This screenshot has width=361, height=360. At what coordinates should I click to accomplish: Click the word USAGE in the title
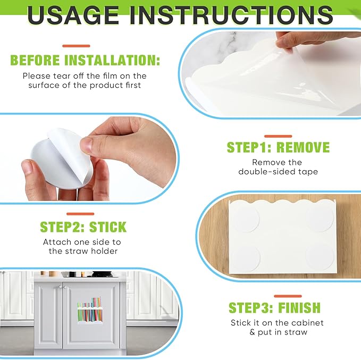(73, 15)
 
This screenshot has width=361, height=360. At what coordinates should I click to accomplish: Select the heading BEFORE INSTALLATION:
(85, 60)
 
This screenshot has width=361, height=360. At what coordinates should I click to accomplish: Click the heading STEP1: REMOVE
(278, 147)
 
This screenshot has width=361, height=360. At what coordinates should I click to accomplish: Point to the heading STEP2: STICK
(83, 227)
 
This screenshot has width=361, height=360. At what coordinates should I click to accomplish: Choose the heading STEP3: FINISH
(275, 307)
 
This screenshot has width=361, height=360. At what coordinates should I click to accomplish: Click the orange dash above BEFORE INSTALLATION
(76, 46)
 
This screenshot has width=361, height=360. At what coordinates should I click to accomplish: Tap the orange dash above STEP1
(278, 136)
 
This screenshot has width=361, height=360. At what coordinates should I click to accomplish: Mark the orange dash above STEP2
(80, 214)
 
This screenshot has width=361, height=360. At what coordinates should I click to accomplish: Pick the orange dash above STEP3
(288, 296)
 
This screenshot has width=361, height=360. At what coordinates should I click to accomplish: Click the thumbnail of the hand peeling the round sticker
(89, 158)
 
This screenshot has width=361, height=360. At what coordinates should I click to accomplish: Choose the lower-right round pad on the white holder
(320, 257)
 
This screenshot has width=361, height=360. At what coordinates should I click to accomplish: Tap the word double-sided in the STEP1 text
(264, 172)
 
